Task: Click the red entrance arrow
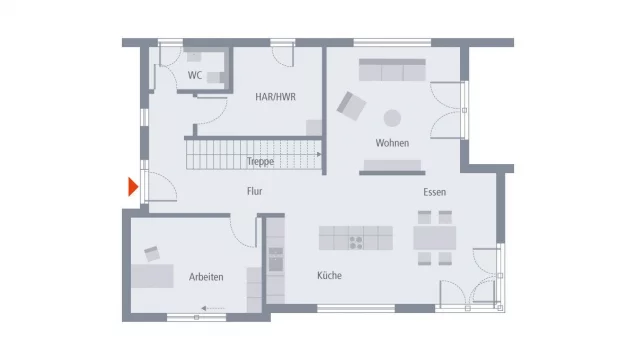click(133, 187)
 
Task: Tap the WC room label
click(195, 75)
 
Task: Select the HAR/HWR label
click(275, 97)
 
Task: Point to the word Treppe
click(260, 161)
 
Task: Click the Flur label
click(254, 191)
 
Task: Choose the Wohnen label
click(392, 143)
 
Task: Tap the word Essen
click(434, 192)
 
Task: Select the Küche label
click(329, 276)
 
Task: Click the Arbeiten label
click(206, 277)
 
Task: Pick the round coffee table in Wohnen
click(392, 118)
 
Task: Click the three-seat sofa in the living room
click(392, 70)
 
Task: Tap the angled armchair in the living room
click(351, 106)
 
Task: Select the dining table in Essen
click(434, 238)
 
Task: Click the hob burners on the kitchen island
click(356, 243)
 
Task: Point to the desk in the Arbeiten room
click(152, 276)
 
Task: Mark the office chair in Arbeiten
click(152, 254)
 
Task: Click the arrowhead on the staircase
click(319, 154)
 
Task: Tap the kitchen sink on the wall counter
click(276, 260)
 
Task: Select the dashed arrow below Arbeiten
click(213, 309)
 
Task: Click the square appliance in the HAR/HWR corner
click(314, 128)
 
